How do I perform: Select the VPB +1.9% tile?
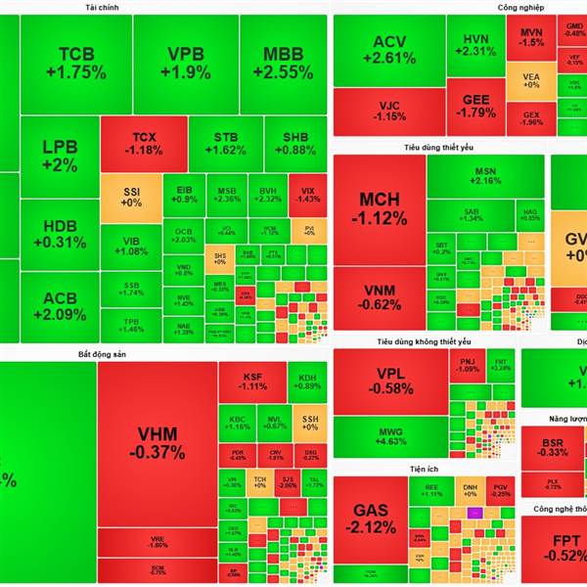pos(184,63)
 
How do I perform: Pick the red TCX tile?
pos(143,144)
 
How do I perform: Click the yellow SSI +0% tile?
pos(131,196)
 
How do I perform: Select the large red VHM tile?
pos(157,443)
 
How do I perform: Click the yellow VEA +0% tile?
pos(531,79)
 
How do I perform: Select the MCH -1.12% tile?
pos(379,207)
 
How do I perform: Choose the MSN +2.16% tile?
pos(486,175)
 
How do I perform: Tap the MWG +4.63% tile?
pos(388,435)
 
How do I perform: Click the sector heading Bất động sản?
pos(102,352)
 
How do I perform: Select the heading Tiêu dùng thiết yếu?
pos(437,147)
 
